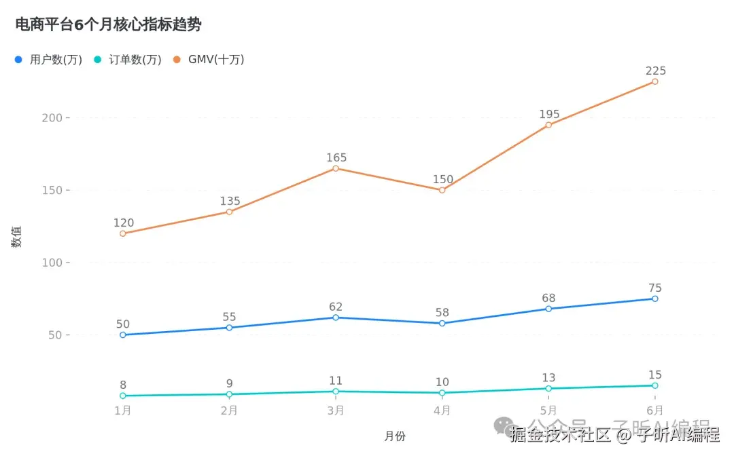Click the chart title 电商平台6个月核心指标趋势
click(x=108, y=25)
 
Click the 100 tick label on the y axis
click(x=52, y=263)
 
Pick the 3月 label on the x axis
click(x=336, y=411)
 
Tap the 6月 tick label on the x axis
click(x=655, y=411)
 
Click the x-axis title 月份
click(x=394, y=436)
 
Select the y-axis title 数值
click(x=17, y=236)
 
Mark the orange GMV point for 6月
click(x=655, y=81)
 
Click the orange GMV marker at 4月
click(x=442, y=190)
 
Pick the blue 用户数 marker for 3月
click(x=336, y=318)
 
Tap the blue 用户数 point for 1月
click(x=123, y=335)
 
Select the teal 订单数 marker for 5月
click(x=548, y=388)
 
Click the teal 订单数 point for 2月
click(x=229, y=394)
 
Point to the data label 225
click(x=656, y=71)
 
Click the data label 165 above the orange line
click(x=336, y=157)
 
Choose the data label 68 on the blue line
click(x=549, y=298)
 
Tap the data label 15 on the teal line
click(x=655, y=375)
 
